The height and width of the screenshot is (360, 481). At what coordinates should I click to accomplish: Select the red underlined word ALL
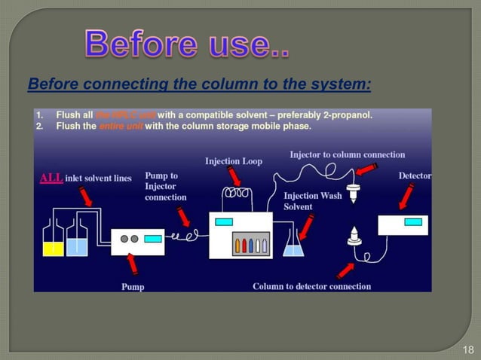coord(51,178)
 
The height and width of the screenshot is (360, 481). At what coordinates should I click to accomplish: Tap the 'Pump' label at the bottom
coord(133,286)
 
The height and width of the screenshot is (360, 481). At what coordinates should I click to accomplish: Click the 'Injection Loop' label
coord(234,161)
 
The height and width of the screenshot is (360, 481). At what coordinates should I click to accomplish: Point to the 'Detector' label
coord(415,175)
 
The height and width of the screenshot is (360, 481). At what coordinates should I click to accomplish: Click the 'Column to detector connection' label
coord(311,286)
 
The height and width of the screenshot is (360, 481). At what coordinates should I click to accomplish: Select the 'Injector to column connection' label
coord(347,154)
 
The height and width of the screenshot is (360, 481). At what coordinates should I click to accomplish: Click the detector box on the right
coord(404,224)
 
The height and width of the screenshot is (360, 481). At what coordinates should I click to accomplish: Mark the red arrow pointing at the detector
coord(406,197)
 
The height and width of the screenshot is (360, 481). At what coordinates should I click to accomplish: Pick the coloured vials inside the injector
coord(250,246)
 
